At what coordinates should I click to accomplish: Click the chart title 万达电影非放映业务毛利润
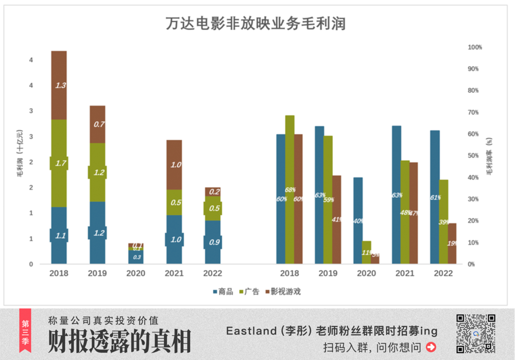[255, 24]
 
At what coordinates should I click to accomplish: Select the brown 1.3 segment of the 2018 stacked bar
[59, 85]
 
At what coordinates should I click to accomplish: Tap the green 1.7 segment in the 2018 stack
[59, 163]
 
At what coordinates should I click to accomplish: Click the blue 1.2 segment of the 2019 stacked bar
[97, 232]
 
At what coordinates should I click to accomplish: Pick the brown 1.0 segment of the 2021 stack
[174, 165]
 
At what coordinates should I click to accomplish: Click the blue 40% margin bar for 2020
[358, 220]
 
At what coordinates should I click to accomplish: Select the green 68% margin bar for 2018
[290, 190]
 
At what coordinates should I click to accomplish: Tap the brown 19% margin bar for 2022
[452, 243]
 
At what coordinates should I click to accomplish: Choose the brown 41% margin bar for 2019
[336, 219]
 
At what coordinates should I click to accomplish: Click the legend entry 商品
[222, 292]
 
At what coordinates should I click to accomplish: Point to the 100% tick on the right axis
[474, 47]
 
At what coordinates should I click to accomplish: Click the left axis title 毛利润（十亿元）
[19, 153]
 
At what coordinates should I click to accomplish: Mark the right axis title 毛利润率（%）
[490, 156]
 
